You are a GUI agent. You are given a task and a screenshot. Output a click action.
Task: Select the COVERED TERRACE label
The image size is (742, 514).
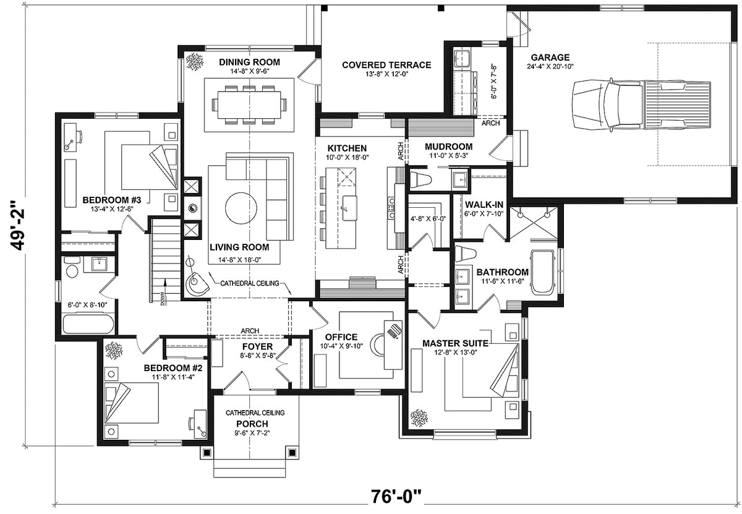pyautogui.click(x=386, y=64)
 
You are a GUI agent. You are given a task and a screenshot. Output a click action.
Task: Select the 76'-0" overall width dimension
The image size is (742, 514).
pyautogui.click(x=396, y=497)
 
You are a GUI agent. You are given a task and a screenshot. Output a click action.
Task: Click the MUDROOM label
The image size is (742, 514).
pyautogui.click(x=448, y=147)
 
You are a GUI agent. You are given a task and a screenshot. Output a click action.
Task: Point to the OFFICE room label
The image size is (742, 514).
pyautogui.click(x=341, y=337)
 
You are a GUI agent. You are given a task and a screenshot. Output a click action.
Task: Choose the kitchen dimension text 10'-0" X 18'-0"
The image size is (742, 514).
pyautogui.click(x=348, y=158)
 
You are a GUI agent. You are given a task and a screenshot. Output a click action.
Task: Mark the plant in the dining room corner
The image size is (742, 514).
pyautogui.click(x=196, y=61)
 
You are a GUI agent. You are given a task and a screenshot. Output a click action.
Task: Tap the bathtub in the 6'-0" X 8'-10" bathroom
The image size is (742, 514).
pyautogui.click(x=88, y=325)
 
